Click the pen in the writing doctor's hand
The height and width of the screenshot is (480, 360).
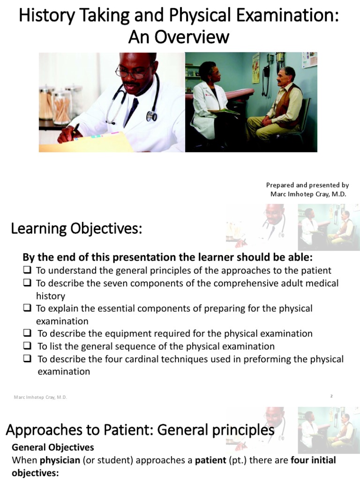(x=75, y=129)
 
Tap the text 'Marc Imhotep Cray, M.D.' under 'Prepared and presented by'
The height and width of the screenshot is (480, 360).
(x=308, y=194)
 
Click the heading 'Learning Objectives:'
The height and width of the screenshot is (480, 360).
(x=76, y=229)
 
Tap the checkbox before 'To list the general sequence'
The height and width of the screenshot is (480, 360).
(x=27, y=346)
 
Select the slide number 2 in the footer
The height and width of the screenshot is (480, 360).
(x=331, y=397)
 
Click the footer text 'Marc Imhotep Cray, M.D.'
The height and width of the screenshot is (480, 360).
(x=40, y=397)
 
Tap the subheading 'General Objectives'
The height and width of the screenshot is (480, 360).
(x=52, y=447)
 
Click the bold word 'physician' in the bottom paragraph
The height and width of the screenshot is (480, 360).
(x=60, y=460)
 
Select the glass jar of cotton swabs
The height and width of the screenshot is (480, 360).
(x=61, y=105)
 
